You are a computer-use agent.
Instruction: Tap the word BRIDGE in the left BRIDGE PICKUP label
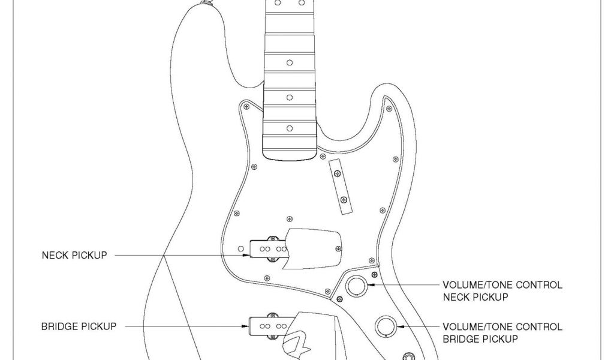point(59,327)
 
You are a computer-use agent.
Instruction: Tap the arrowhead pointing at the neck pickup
point(246,255)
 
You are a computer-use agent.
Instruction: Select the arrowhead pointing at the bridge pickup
point(246,327)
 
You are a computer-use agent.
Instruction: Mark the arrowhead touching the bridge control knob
point(401,326)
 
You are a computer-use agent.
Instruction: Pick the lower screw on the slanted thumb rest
point(344,200)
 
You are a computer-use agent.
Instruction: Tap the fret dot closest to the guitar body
point(290,128)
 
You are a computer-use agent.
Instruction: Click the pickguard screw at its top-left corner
point(245,107)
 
